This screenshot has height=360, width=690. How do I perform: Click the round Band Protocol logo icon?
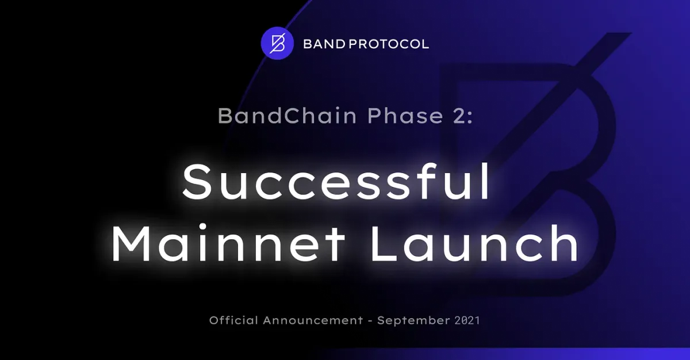277,43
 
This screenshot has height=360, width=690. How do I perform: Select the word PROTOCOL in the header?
389,44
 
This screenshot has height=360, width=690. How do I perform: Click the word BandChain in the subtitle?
287,116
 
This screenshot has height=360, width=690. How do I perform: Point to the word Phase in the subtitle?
405,116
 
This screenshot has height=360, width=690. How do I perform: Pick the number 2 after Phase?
458,116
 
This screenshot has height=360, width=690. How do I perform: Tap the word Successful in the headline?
336,182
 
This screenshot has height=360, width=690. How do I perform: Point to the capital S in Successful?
197,182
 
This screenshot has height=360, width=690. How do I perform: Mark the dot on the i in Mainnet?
202,227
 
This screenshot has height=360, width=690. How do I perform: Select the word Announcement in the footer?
313,320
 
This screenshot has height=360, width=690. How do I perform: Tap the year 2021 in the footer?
467,320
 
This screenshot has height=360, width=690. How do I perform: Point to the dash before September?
370,321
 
